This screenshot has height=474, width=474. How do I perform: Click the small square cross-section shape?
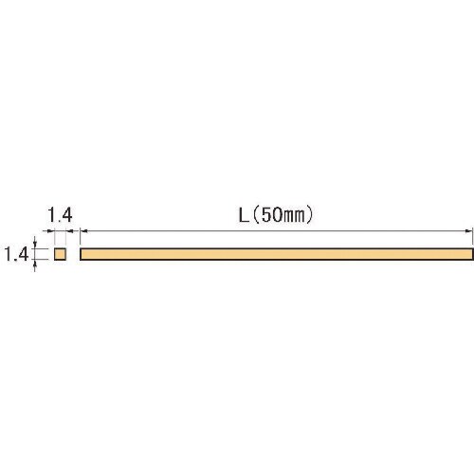pyautogui.click(x=60, y=254)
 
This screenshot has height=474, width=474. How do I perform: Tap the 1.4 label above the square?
pyautogui.click(x=60, y=215)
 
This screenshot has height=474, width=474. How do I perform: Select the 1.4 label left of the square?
pyautogui.click(x=16, y=254)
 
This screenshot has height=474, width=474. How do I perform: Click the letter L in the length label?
pyautogui.click(x=244, y=215)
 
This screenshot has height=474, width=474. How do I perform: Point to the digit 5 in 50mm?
pyautogui.click(x=267, y=215)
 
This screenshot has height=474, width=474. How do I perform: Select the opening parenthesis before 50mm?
pyautogui.click(x=257, y=215)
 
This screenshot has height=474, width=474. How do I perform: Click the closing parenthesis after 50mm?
pyautogui.click(x=310, y=215)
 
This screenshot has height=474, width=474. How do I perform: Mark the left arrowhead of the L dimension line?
pyautogui.click(x=83, y=231)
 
